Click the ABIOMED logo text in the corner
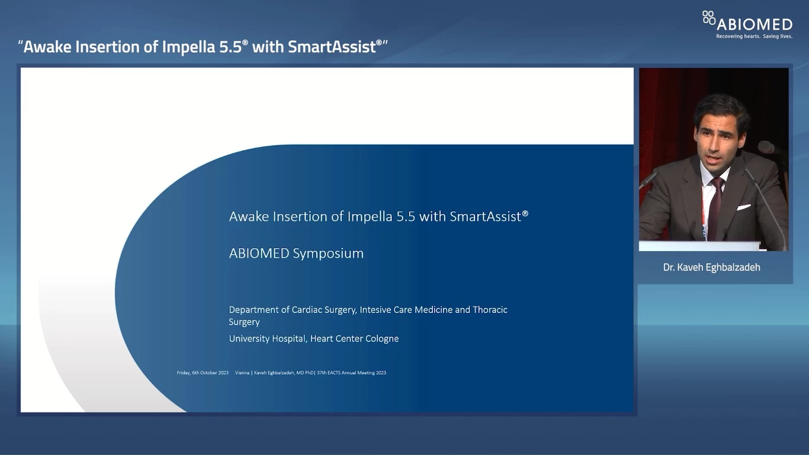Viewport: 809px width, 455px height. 754,24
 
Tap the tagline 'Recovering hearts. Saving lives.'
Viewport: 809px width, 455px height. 754,36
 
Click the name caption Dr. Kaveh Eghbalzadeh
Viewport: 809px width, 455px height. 711,267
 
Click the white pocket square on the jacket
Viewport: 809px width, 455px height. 744,207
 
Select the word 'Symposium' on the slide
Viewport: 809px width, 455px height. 328,254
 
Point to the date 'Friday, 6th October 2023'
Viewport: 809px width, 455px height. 203,373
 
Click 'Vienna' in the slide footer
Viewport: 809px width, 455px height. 242,373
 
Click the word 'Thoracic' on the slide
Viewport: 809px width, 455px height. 490,309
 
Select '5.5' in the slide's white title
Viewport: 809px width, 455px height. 406,216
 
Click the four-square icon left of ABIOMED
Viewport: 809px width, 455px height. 708,18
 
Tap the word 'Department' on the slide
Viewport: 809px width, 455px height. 253,309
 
